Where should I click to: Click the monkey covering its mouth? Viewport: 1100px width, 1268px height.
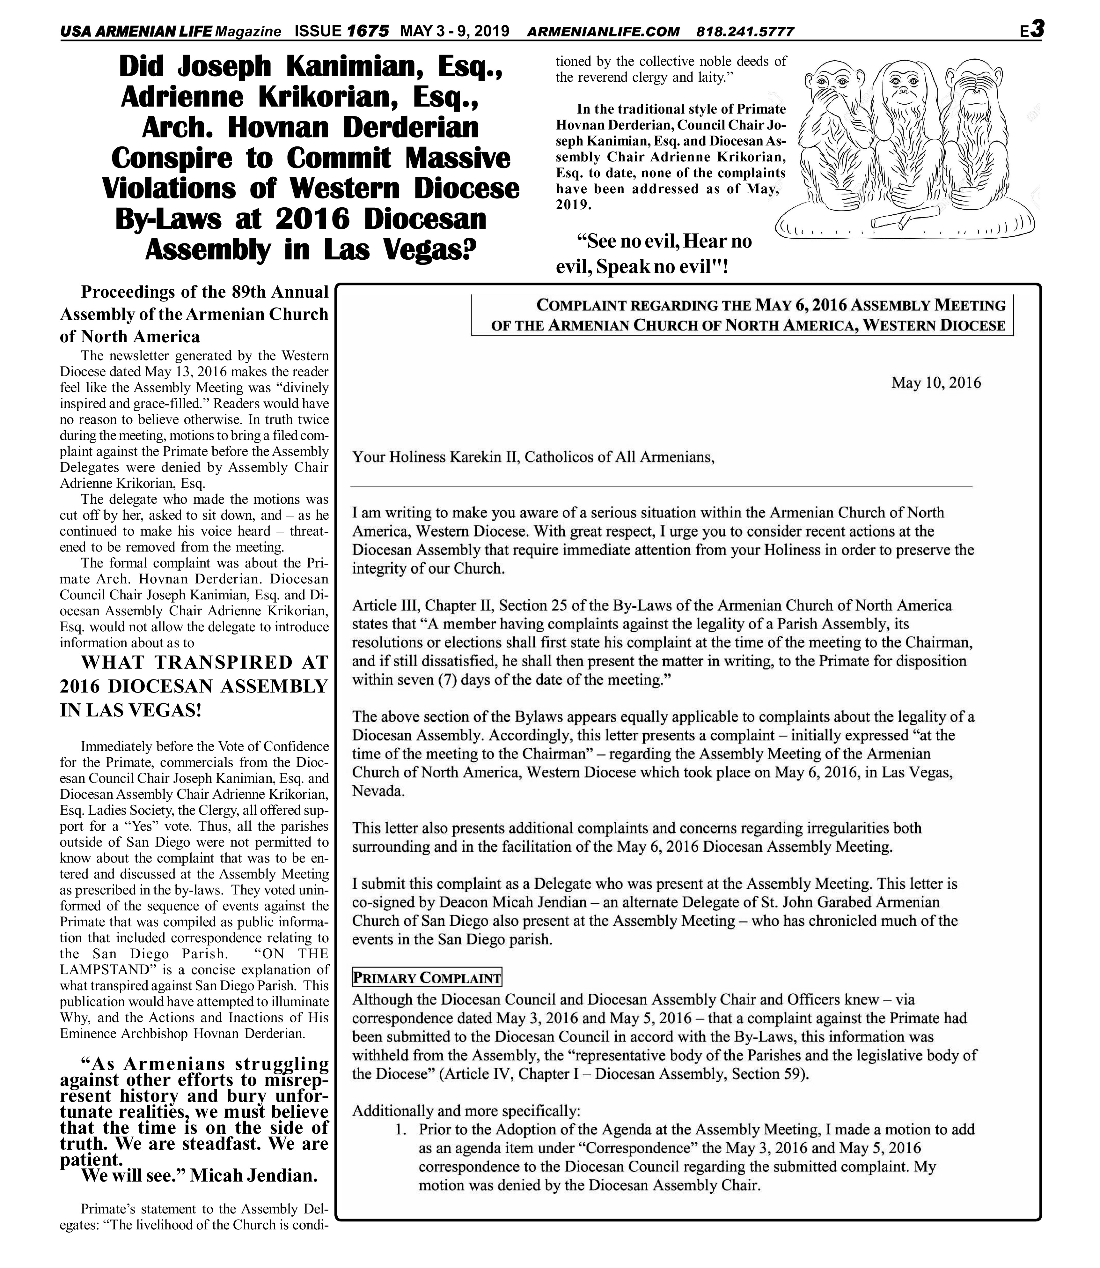click(x=836, y=135)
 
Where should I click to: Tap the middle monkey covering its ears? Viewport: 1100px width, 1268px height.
click(x=906, y=135)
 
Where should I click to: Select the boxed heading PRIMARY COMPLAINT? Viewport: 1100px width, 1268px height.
click(x=427, y=978)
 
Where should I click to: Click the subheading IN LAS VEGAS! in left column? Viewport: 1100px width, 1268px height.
click(x=131, y=710)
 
